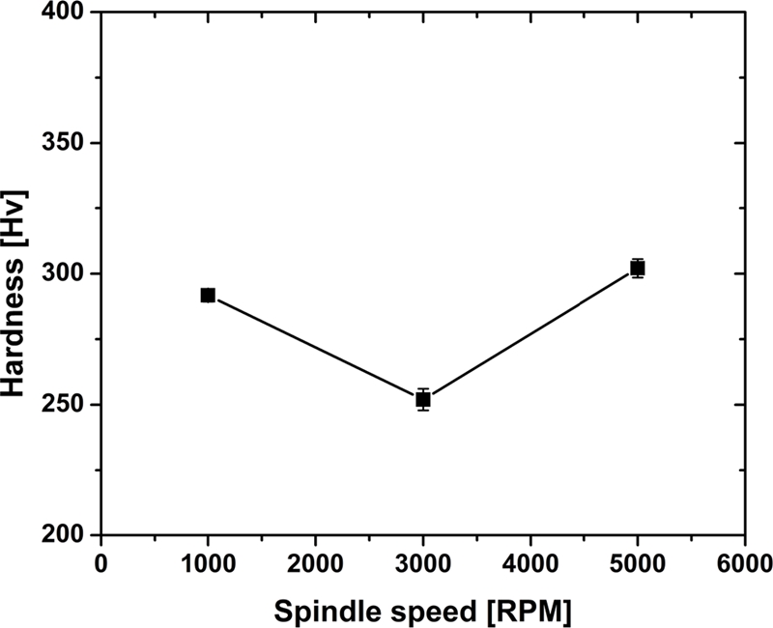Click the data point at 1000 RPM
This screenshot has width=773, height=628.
tap(208, 295)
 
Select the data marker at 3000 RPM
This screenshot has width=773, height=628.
tap(422, 399)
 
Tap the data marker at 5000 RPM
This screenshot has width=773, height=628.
tap(637, 268)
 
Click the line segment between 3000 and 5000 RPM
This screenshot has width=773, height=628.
tap(530, 333)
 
